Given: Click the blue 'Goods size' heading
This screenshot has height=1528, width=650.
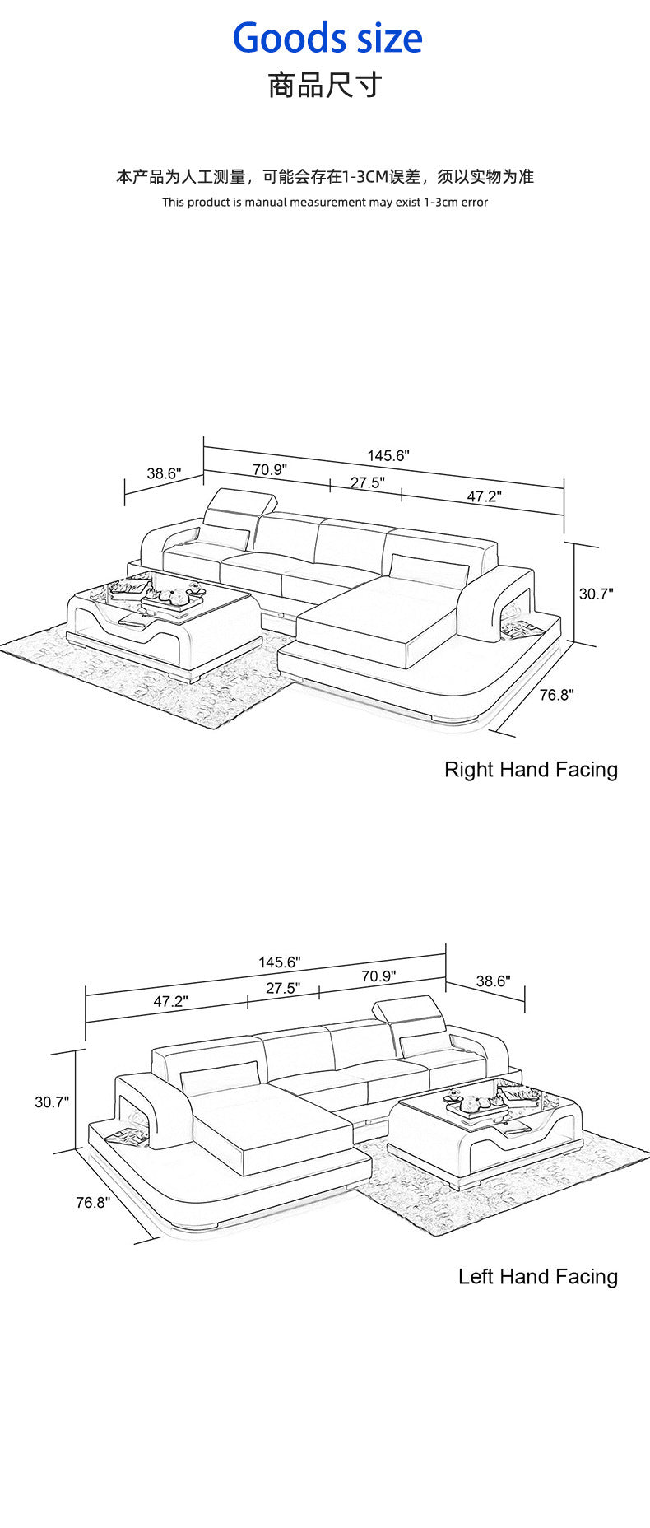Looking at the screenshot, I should pos(327,39).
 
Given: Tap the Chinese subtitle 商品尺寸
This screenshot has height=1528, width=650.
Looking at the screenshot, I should pos(325,85).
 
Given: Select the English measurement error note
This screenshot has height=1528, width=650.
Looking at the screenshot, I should pos(325,202).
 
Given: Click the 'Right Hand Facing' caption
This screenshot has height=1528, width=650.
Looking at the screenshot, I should pos(531,769).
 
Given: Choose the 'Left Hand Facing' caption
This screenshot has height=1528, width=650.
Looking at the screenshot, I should pos(537,1276).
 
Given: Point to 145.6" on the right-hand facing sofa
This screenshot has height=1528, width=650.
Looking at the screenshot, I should pos(388,455).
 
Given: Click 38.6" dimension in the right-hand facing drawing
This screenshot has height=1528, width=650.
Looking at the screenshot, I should pos(164,473).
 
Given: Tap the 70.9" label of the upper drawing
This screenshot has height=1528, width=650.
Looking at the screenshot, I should pos(269,470).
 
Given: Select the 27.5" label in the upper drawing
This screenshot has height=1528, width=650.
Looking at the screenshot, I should pos(367,482).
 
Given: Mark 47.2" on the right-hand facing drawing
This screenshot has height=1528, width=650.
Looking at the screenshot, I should pos(484,496).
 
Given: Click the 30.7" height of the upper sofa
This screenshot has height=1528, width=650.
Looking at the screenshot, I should pos(596,594).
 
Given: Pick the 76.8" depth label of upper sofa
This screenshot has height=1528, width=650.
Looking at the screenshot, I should pos(556,695).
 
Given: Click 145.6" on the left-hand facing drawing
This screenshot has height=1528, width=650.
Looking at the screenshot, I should pos(279,962).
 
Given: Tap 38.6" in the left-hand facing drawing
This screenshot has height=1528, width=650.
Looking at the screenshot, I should pos(493,981).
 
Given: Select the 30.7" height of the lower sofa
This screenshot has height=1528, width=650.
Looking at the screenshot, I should pos(51,1102).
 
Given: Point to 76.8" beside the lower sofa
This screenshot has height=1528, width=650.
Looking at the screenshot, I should pos(93,1202).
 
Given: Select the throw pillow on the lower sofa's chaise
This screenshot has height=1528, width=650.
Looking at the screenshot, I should pos(220,1078).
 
